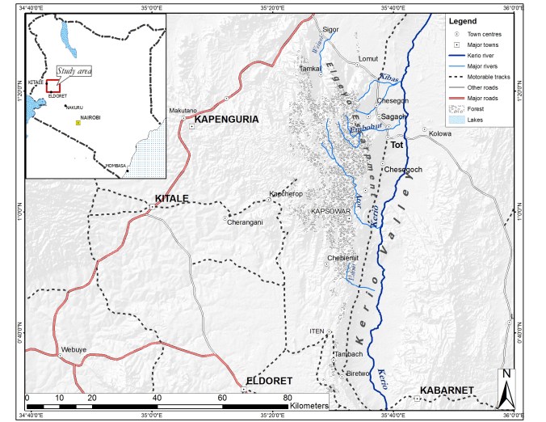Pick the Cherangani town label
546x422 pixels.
point(245,222)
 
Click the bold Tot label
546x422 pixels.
point(396,146)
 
